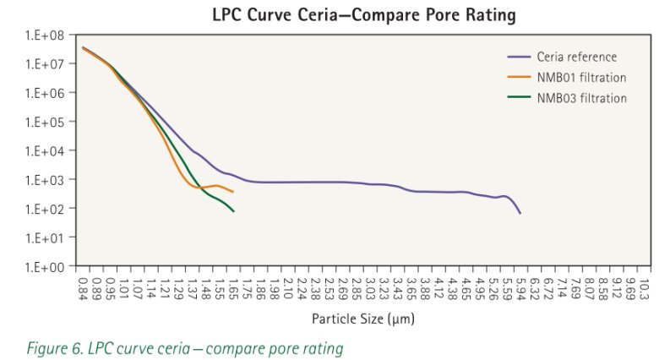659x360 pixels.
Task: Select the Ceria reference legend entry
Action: pos(576,57)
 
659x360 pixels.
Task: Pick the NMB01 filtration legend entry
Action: pos(581,78)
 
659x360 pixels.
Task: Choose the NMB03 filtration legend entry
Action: pos(581,98)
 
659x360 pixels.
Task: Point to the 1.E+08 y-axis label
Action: pos(50,35)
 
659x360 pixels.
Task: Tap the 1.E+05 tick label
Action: pos(50,122)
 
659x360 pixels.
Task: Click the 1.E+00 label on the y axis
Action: pos(50,267)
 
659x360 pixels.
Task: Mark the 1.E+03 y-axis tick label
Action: pos(50,180)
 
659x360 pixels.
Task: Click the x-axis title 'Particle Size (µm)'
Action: pos(363,319)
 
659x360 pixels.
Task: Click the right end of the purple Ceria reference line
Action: pos(520,213)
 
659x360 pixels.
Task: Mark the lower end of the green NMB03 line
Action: pos(233,210)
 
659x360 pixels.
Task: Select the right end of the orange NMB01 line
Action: pos(233,192)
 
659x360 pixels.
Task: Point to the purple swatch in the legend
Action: pos(518,57)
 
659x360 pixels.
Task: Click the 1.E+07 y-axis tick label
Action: pos(50,64)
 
